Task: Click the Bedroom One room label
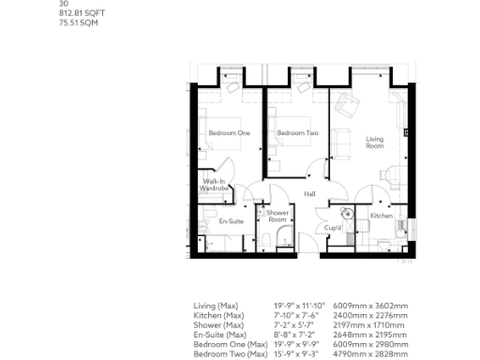tap(229, 133)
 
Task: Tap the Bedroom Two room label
tap(297, 133)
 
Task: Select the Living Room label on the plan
tap(375, 142)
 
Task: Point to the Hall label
tap(308, 194)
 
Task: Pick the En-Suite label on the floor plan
tap(231, 221)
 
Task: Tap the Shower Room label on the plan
tap(277, 217)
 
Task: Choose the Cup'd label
tap(332, 227)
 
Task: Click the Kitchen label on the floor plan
tap(381, 216)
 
